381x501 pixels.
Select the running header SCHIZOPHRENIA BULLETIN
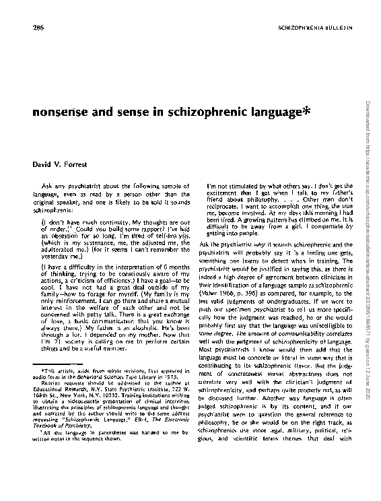pos(315,28)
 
